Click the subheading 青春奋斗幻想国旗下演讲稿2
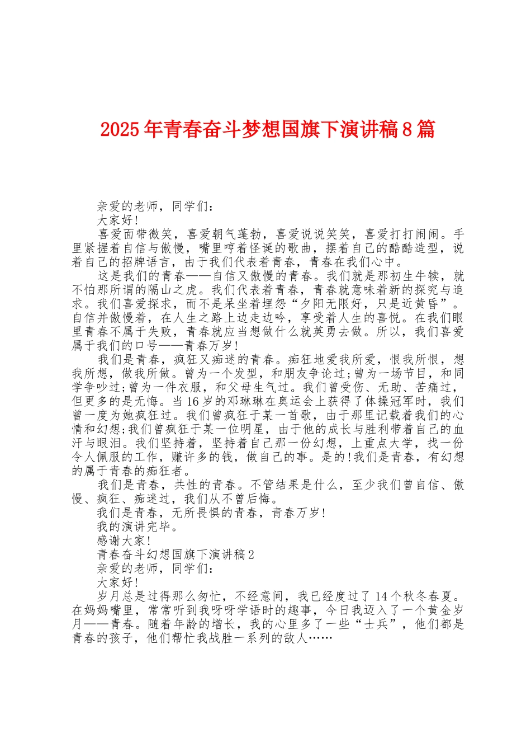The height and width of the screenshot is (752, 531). pos(176,555)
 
